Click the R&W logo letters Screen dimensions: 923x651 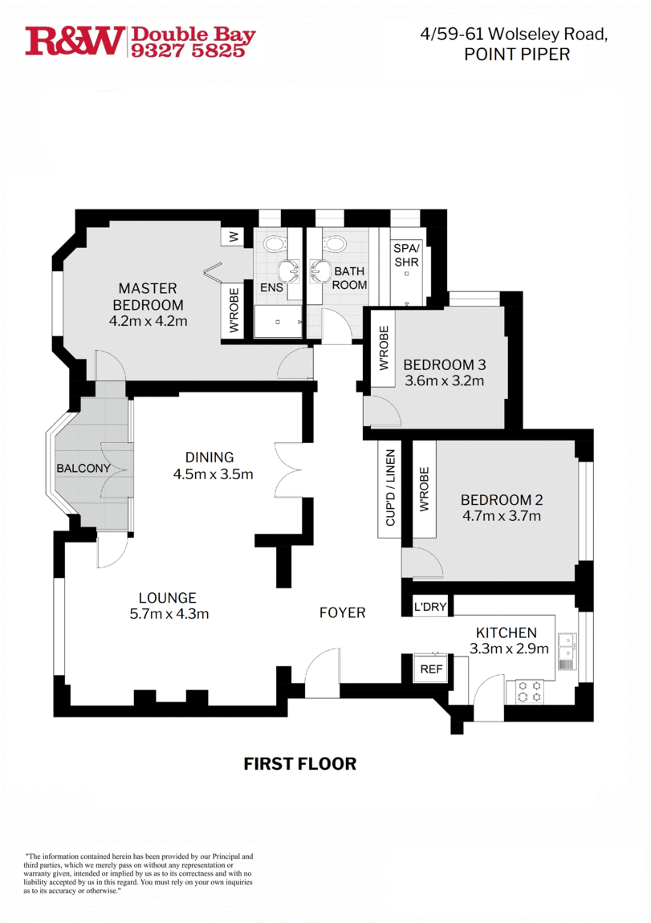(75, 41)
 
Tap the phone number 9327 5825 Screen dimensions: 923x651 (193, 51)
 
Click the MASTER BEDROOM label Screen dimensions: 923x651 (148, 296)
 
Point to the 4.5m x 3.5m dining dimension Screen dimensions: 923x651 (213, 474)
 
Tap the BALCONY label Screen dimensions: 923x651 (83, 468)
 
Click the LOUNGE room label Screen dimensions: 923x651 (167, 598)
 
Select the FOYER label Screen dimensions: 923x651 (342, 612)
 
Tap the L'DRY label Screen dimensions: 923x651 (430, 607)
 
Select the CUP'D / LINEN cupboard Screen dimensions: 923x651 (390, 487)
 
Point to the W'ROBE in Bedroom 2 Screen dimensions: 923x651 (424, 489)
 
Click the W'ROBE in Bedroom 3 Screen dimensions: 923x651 (383, 348)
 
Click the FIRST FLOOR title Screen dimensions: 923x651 (299, 763)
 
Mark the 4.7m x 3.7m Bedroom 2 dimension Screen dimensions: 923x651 (500, 516)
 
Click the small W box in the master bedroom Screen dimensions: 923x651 (234, 237)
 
